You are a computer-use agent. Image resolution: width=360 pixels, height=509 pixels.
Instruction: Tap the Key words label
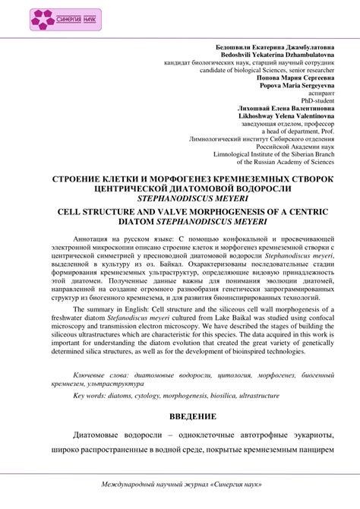[x=90, y=396]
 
